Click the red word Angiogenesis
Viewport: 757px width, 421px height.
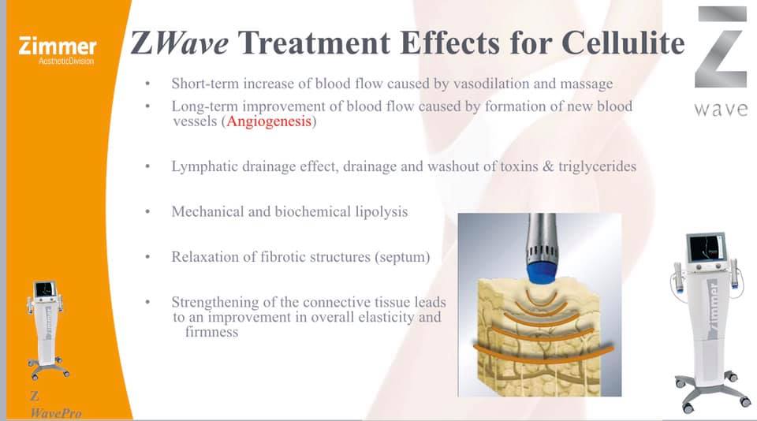point(269,121)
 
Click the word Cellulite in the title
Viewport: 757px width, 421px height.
point(623,43)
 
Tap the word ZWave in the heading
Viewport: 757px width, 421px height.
point(180,43)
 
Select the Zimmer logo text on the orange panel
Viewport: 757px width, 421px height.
point(58,47)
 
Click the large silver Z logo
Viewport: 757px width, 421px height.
point(721,47)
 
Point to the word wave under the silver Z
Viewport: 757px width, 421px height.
point(721,110)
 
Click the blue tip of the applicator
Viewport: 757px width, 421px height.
point(543,271)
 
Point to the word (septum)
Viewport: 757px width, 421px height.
point(402,257)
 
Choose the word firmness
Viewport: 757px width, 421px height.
point(211,332)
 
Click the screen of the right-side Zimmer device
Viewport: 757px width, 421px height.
point(707,248)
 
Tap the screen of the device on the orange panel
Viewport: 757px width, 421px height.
point(44,289)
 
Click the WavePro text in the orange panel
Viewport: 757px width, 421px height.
point(55,413)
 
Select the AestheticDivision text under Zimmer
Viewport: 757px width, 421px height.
point(66,61)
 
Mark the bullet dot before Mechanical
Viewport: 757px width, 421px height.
point(147,211)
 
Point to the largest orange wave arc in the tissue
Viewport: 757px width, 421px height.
point(543,353)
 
